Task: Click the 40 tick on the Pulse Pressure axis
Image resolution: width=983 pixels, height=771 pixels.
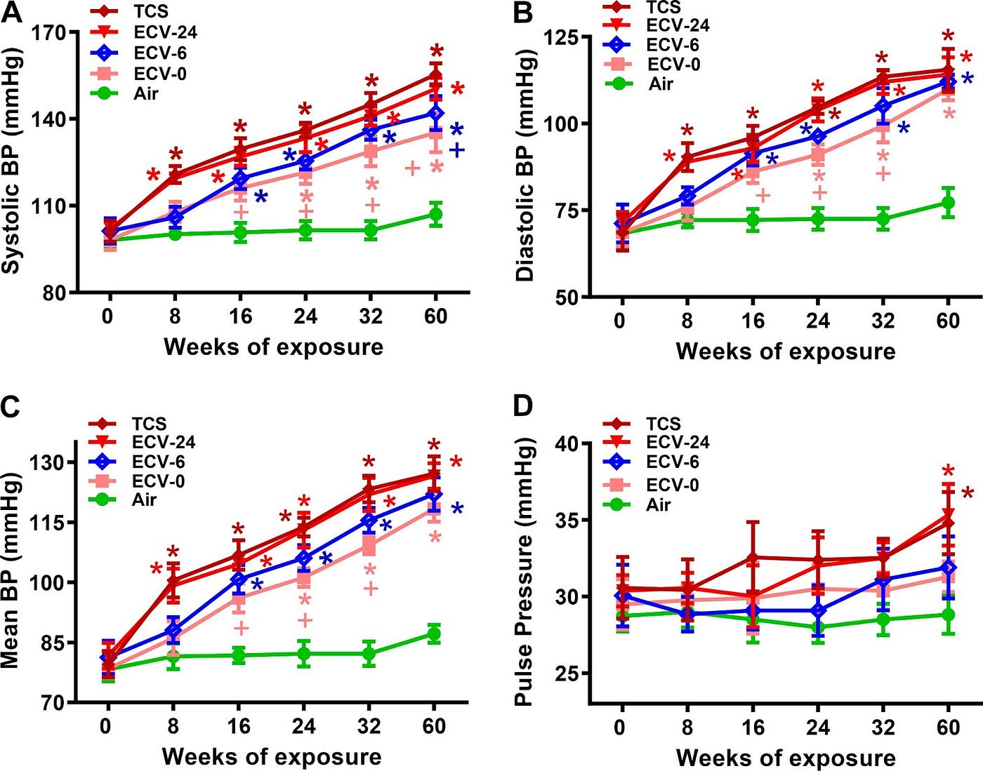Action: (567, 443)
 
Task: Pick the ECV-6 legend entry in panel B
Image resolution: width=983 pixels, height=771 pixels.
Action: (652, 44)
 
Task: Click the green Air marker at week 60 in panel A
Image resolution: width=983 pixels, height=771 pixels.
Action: (435, 214)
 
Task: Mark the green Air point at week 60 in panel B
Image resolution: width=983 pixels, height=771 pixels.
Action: (948, 203)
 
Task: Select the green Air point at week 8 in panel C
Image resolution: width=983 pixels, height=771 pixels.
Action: (173, 656)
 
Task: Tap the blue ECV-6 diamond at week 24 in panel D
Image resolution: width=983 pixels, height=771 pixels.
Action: (817, 611)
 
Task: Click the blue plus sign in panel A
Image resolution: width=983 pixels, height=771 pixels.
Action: (457, 150)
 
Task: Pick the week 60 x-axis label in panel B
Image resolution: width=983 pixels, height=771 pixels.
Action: (948, 321)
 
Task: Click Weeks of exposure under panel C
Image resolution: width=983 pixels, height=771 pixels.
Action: (272, 756)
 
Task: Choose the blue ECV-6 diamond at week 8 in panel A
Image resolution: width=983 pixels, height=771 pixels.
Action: (175, 217)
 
